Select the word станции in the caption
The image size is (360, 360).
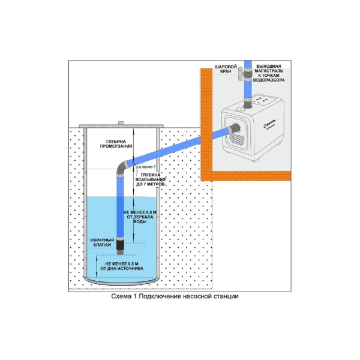click(x=230, y=296)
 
